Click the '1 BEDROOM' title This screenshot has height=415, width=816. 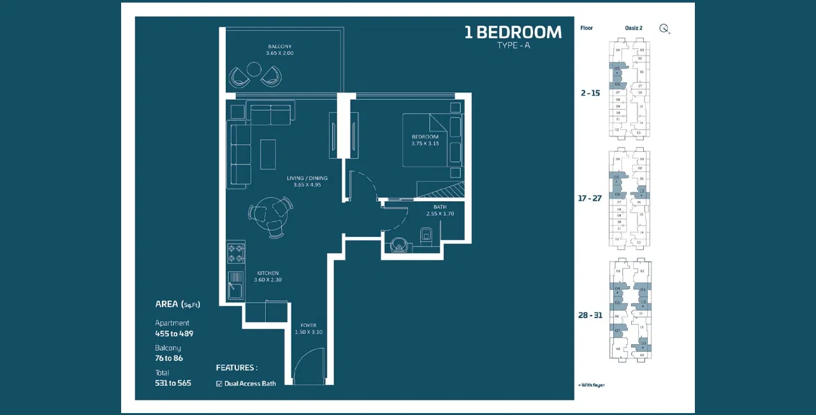(x=513, y=32)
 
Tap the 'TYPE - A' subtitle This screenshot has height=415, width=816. (x=513, y=46)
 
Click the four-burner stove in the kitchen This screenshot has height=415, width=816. (x=236, y=253)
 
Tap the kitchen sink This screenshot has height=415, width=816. (x=235, y=284)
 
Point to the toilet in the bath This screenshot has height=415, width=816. (x=426, y=238)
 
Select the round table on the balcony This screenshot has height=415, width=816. (x=254, y=69)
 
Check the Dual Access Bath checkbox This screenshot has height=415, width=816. (x=219, y=384)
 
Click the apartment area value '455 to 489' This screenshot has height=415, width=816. (x=174, y=333)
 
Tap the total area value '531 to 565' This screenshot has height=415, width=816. (x=173, y=383)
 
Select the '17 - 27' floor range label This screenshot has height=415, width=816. (x=590, y=199)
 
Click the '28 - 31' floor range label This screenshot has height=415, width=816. (x=590, y=315)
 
